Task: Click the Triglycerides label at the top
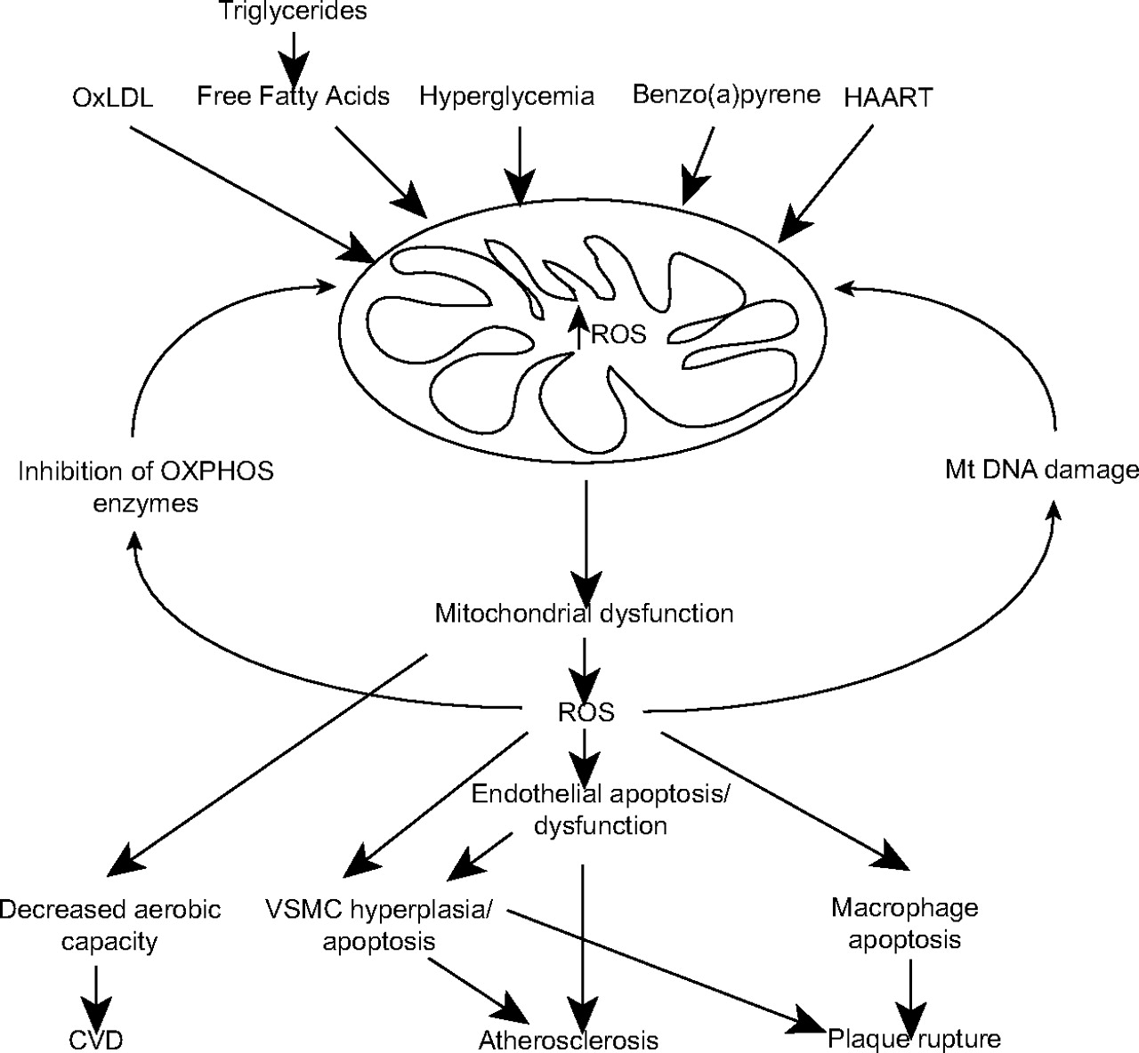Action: [294, 12]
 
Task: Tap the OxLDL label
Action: [113, 98]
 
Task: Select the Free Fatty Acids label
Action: [294, 95]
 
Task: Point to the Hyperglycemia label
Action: [507, 95]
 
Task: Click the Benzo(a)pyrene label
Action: [726, 95]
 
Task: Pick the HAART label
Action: [888, 97]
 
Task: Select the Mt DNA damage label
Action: [1041, 470]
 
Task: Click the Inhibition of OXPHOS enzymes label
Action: [146, 487]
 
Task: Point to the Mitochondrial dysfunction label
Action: [584, 613]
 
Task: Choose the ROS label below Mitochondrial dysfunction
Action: [586, 713]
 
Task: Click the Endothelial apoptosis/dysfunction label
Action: [601, 809]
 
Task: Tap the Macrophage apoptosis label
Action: [904, 923]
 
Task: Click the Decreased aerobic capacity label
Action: [109, 925]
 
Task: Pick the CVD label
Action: [95, 1039]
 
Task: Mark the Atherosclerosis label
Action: [569, 1040]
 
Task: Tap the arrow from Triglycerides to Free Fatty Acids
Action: [294, 53]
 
